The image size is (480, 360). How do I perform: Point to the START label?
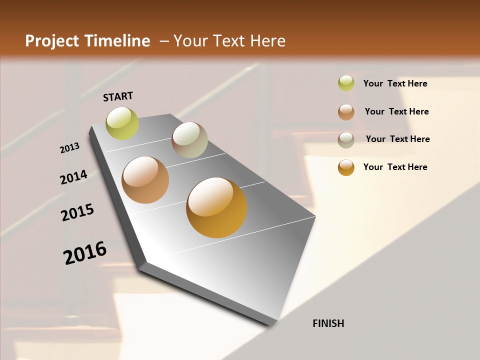[x=118, y=96]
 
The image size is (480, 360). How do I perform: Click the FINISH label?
[x=328, y=323]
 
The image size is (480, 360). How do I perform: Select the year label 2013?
[x=70, y=148]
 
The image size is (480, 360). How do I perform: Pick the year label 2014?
[x=74, y=177]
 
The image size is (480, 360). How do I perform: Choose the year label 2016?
[x=85, y=253]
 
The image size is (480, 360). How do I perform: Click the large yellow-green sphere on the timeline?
[x=122, y=123]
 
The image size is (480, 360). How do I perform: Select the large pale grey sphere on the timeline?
[x=189, y=140]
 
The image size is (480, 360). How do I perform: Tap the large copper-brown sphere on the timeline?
[x=145, y=180]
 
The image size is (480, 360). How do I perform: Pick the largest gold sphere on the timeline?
[x=216, y=207]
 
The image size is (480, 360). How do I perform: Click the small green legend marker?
[x=346, y=83]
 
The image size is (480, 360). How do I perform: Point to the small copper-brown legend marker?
[x=346, y=112]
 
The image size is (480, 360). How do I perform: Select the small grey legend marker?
[x=346, y=140]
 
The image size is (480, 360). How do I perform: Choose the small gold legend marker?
[x=346, y=167]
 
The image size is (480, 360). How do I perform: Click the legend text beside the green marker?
[x=395, y=83]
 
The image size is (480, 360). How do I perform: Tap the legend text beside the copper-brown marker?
[x=397, y=111]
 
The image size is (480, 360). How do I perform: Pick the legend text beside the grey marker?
[x=398, y=139]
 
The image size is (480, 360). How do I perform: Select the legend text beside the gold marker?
[x=395, y=167]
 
